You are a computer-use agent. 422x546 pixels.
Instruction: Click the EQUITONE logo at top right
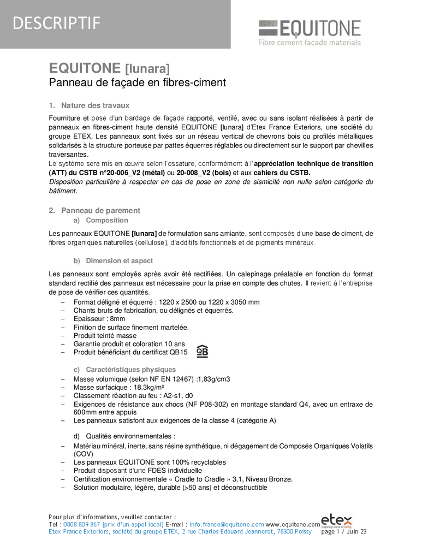309,28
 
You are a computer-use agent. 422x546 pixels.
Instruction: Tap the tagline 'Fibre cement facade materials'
310,43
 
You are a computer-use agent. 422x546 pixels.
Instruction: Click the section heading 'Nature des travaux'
95,105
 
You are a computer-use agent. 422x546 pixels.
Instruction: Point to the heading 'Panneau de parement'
100,210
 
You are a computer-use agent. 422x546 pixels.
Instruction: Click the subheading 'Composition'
107,221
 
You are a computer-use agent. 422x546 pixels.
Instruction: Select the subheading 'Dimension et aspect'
119,261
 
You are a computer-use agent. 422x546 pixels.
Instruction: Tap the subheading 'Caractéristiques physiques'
131,370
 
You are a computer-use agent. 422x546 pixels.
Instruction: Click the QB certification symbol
202,351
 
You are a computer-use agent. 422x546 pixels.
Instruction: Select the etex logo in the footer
336,520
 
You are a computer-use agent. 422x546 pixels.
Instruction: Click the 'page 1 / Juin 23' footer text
344,531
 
